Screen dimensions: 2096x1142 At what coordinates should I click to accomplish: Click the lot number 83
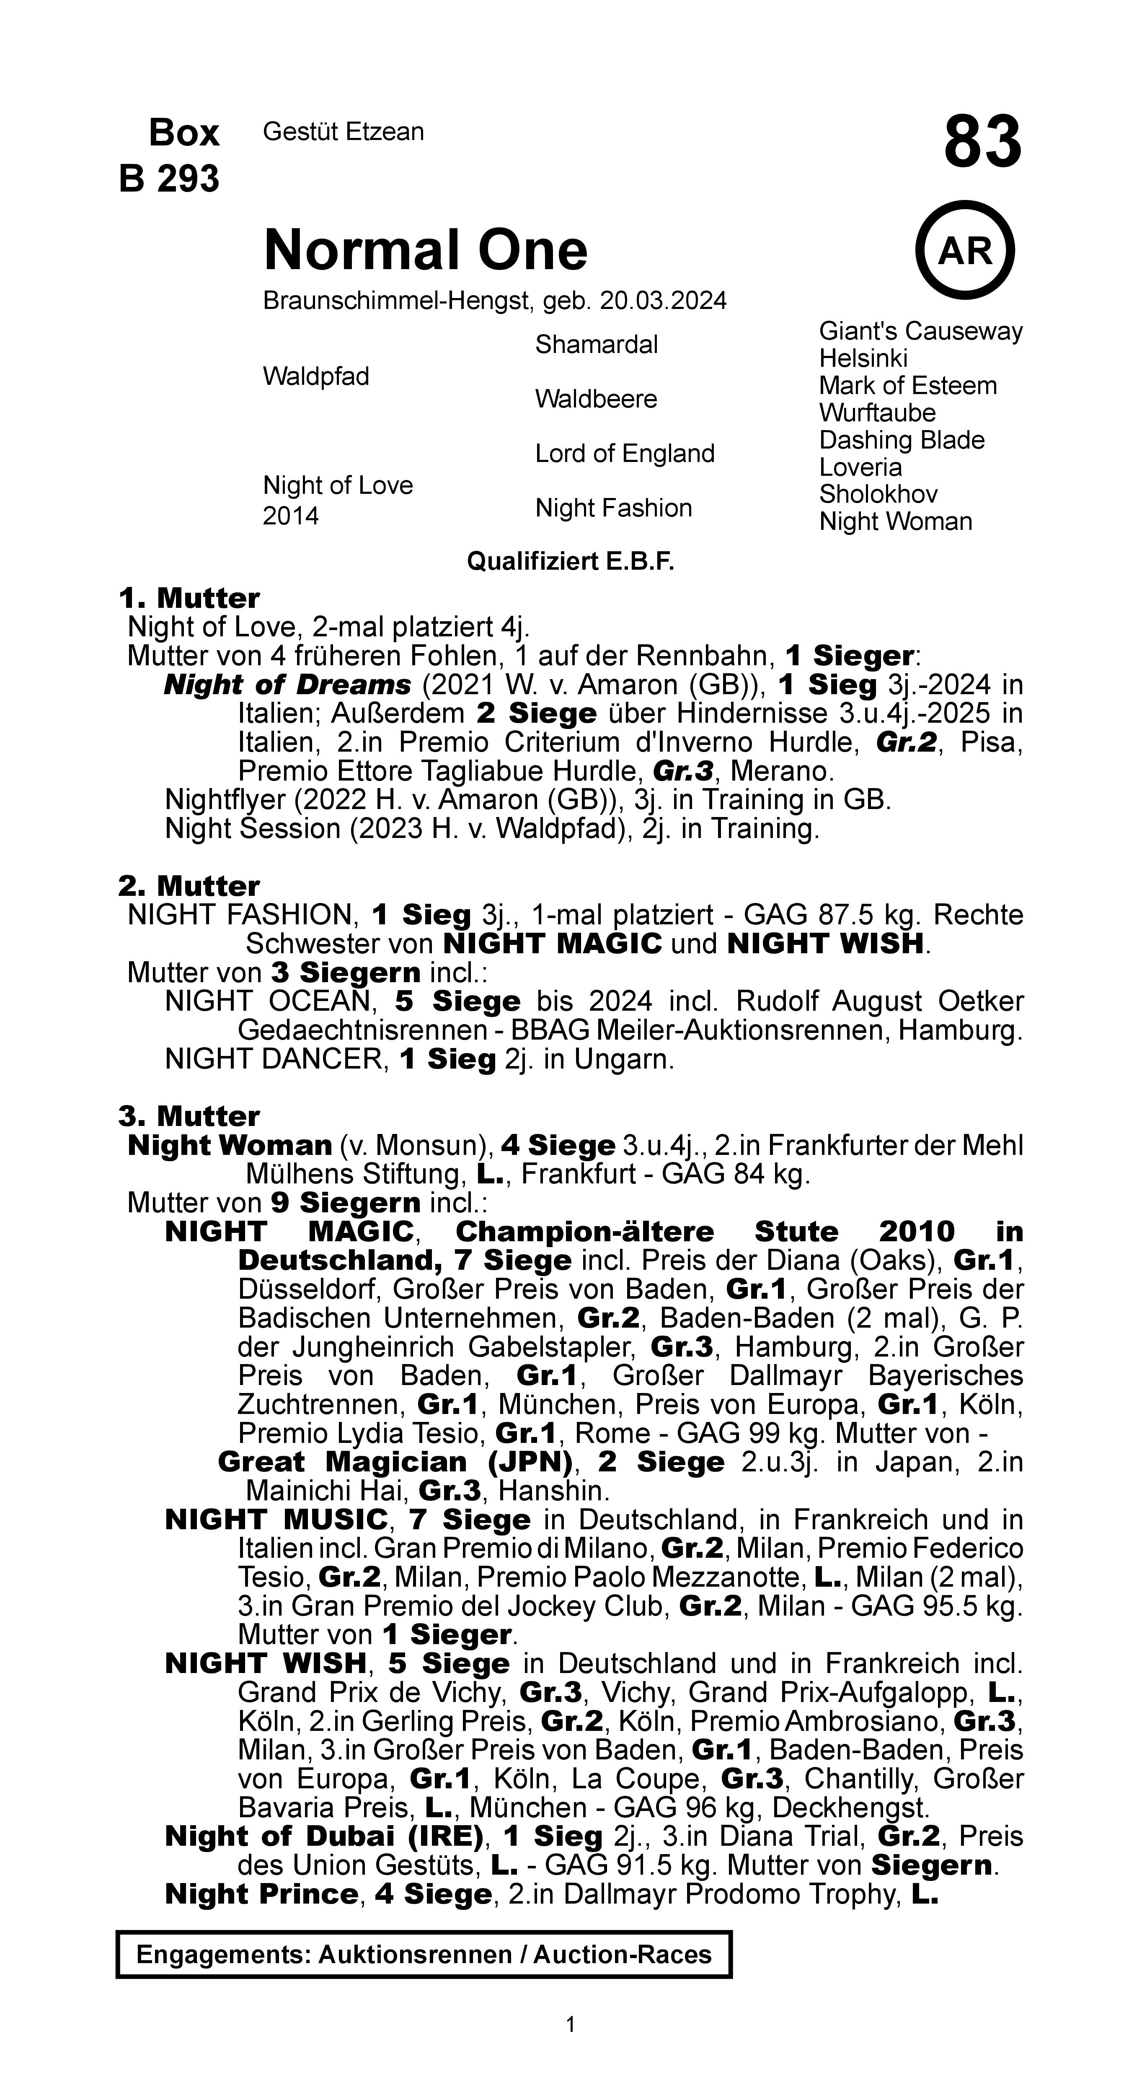tap(982, 143)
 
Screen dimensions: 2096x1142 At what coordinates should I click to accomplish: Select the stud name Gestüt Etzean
tap(343, 132)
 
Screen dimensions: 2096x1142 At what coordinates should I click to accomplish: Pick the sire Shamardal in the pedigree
tap(596, 345)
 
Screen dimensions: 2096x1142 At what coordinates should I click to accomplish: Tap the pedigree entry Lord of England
tap(624, 453)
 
